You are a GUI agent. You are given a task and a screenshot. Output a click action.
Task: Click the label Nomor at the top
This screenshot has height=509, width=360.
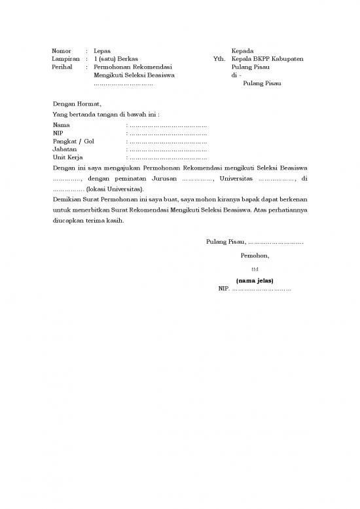pyautogui.click(x=62, y=50)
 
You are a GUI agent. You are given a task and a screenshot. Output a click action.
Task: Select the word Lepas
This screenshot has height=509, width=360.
pyautogui.click(x=102, y=50)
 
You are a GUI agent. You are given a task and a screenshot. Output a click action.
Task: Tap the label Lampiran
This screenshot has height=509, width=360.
pyautogui.click(x=65, y=59)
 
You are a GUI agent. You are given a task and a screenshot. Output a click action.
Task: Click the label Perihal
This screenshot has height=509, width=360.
pyautogui.click(x=63, y=67)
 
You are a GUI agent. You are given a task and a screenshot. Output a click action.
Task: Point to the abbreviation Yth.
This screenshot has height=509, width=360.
pyautogui.click(x=219, y=59)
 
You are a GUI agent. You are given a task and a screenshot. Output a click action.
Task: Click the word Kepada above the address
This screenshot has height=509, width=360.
pyautogui.click(x=242, y=50)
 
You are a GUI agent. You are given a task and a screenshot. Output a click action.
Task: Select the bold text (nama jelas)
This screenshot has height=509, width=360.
pyautogui.click(x=255, y=281)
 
